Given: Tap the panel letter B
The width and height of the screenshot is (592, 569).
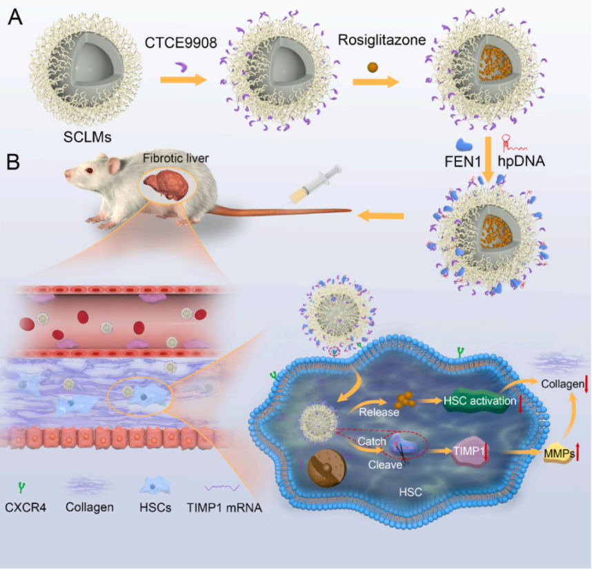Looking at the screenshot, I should click(14, 164).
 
